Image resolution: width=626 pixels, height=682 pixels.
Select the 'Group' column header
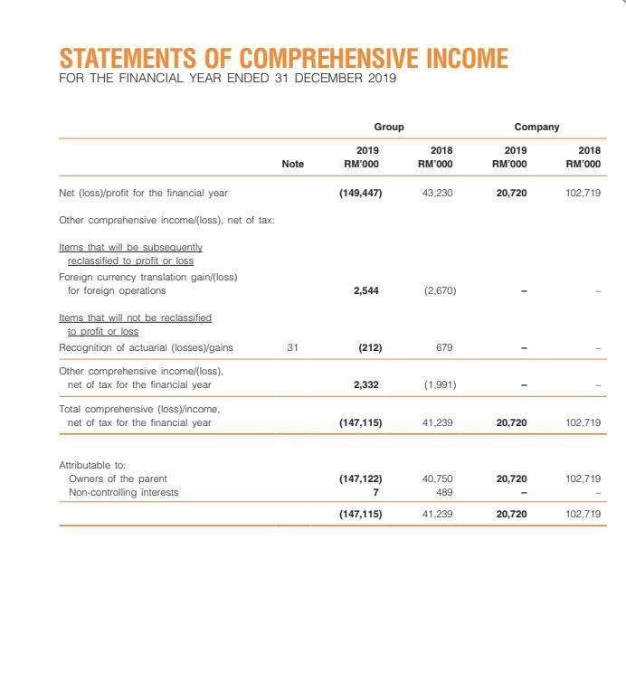[389, 128]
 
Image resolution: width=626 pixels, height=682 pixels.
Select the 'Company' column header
[536, 128]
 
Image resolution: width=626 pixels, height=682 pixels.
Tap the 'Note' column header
[293, 164]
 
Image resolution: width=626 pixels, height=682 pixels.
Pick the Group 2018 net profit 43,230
[438, 193]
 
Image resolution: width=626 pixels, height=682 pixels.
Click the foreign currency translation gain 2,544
[366, 291]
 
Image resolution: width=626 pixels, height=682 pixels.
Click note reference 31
[292, 347]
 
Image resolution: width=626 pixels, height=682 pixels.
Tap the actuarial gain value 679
[442, 347]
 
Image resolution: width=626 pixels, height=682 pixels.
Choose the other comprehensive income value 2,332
[366, 384]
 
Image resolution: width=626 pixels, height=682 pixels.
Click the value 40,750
[438, 478]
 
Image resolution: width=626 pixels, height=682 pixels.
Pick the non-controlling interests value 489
[443, 492]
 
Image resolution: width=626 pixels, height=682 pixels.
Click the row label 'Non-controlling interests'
[124, 492]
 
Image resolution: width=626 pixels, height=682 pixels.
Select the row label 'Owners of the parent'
[118, 478]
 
